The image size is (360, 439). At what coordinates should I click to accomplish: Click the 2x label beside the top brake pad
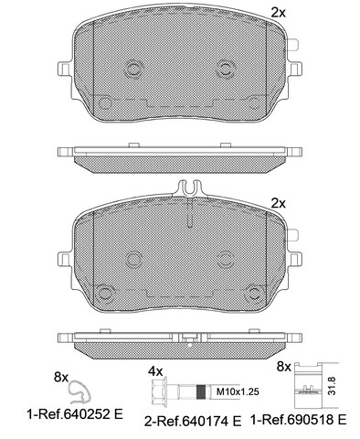[x=278, y=13]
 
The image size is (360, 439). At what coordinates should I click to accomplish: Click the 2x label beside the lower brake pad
[x=278, y=203]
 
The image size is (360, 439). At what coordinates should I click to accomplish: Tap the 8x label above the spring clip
[x=60, y=378]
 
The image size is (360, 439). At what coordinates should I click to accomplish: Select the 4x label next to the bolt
[x=155, y=371]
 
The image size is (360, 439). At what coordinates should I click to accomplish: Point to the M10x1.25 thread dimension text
[x=238, y=391]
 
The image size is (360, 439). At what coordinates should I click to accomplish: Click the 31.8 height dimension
[x=332, y=386]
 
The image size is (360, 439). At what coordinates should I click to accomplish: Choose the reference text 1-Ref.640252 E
[x=75, y=414]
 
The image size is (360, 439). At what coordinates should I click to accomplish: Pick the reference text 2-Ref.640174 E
[x=193, y=422]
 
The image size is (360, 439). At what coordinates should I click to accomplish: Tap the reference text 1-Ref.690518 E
[x=298, y=420]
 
